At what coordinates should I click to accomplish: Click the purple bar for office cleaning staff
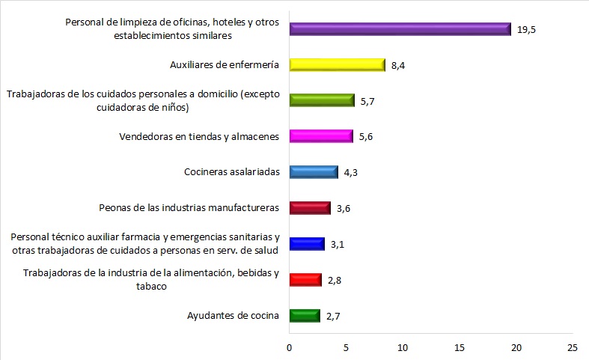tap(400, 28)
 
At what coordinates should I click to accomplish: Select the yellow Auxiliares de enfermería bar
tap(337, 65)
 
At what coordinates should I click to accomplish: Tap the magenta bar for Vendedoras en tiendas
tap(320, 136)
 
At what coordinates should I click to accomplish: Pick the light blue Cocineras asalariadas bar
tap(314, 172)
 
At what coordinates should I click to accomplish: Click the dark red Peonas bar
tap(309, 207)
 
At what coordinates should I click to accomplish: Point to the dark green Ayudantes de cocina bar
tap(305, 315)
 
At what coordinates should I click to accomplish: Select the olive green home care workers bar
tap(321, 100)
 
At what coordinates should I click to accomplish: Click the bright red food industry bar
tap(305, 280)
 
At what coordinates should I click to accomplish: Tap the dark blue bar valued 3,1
tap(307, 244)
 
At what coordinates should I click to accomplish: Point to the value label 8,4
tap(399, 66)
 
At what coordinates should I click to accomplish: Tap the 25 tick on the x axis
tap(573, 347)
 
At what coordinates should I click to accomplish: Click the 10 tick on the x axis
tap(403, 347)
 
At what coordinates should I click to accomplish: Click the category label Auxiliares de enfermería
tap(225, 65)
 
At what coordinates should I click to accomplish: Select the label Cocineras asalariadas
tap(231, 172)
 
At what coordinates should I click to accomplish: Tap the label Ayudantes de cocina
tap(233, 315)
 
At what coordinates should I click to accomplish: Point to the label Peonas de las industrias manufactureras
tap(189, 207)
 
